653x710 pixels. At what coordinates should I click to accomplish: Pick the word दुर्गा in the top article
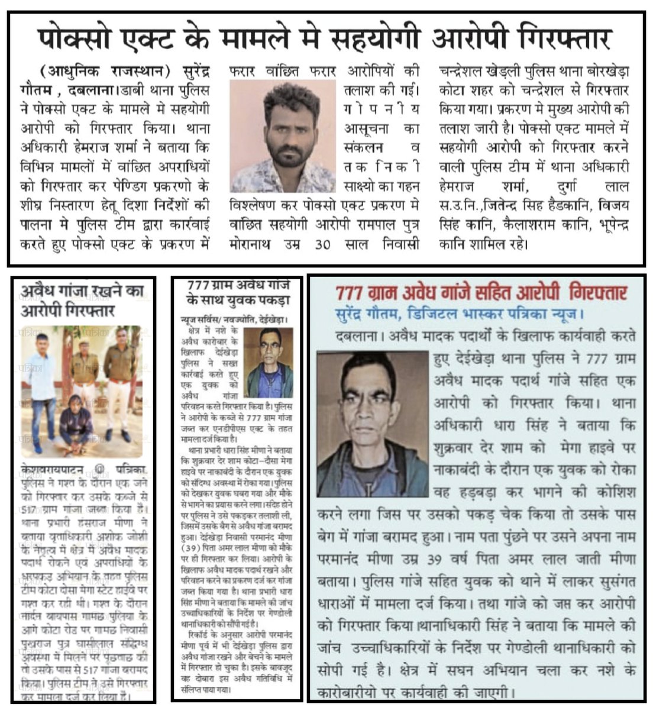[554, 187]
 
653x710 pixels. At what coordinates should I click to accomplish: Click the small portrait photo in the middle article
[268, 362]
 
